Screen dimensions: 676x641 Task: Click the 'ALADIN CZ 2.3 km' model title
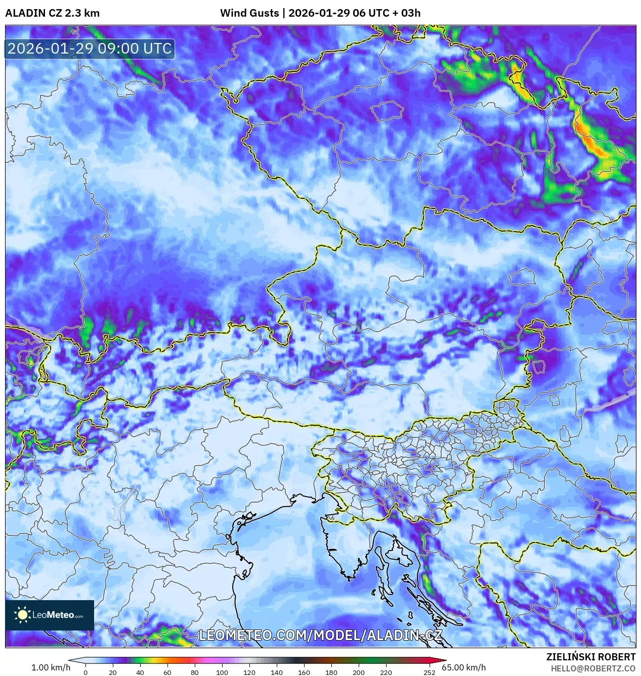(52, 13)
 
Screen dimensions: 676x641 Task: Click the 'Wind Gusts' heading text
(249, 13)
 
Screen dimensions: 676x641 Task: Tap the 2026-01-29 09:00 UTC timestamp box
(90, 49)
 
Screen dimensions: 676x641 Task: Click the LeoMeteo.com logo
(50, 615)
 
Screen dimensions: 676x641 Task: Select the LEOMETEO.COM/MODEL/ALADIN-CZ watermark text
(320, 636)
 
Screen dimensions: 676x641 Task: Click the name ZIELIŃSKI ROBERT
(590, 657)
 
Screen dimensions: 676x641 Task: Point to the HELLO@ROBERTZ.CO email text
(593, 668)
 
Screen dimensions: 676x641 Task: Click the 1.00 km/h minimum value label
(51, 667)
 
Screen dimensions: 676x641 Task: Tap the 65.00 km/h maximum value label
(463, 667)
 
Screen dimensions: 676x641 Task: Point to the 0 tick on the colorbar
(86, 672)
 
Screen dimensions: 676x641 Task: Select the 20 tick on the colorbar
(113, 672)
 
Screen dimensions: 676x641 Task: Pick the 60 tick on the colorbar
(167, 672)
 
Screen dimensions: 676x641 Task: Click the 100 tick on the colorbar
(222, 672)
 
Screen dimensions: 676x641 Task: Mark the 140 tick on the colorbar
(277, 672)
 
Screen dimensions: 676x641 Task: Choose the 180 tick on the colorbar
(331, 672)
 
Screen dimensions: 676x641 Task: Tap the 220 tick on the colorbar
(386, 672)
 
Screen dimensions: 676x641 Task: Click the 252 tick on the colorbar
(430, 672)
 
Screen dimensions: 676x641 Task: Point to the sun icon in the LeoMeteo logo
(23, 615)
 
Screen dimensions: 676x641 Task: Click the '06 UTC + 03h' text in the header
(387, 13)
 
